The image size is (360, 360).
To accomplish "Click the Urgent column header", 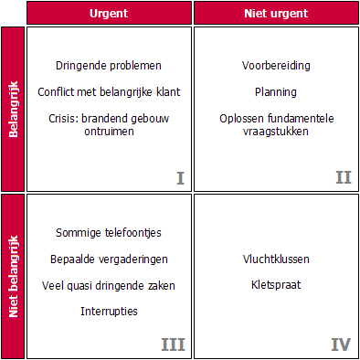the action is (x=109, y=14).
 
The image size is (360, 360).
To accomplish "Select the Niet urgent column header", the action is (x=276, y=14).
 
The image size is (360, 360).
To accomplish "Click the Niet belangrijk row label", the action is (x=13, y=274).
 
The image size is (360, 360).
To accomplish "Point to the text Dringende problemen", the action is (x=109, y=66).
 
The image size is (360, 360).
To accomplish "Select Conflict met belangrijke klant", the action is (x=109, y=91).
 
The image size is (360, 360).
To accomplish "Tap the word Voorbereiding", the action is (x=276, y=66).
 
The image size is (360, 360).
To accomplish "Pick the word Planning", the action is (x=276, y=91).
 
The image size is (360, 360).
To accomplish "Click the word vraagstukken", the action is (x=276, y=131).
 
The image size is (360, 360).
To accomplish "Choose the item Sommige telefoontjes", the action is (x=109, y=233).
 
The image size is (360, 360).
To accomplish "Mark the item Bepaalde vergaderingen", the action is (x=109, y=259).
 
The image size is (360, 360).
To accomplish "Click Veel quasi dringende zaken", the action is (x=109, y=285).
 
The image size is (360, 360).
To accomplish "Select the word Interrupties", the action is (x=109, y=311).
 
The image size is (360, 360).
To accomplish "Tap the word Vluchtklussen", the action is (x=276, y=259).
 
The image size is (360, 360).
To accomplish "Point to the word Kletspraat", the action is (x=276, y=285).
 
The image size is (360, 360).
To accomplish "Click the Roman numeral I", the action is (x=180, y=177).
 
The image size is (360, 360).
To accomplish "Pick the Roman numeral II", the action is (x=343, y=177).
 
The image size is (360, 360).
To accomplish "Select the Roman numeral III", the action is (x=174, y=344).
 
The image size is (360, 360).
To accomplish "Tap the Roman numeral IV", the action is (x=341, y=344).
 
